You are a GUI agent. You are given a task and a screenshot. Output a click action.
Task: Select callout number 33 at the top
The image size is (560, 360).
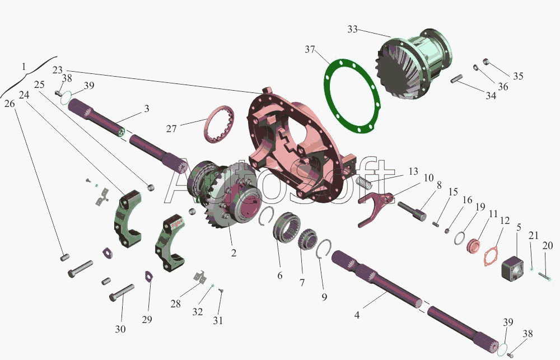click(352, 29)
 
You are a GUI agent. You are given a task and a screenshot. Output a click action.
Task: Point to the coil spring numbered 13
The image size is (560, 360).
click(365, 183)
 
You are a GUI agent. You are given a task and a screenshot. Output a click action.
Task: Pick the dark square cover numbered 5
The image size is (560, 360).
click(512, 269)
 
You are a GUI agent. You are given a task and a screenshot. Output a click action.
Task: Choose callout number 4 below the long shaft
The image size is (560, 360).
click(357, 315)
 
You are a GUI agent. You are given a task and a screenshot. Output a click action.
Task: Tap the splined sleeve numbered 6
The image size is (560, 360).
click(286, 230)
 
